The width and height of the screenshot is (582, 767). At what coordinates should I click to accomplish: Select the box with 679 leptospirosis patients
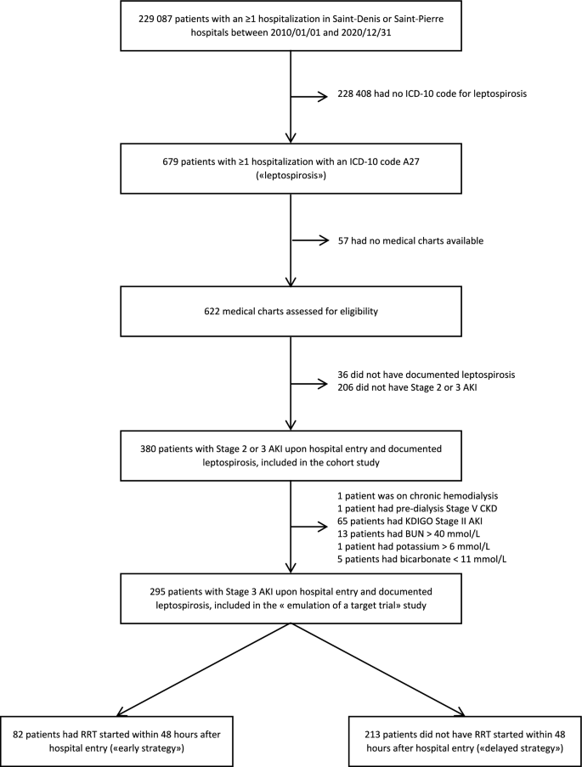(x=291, y=169)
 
